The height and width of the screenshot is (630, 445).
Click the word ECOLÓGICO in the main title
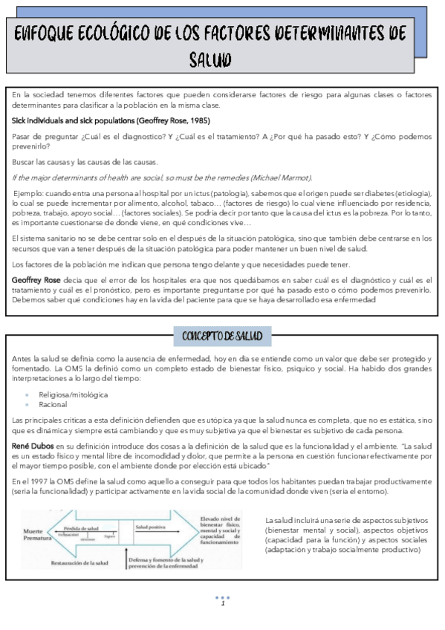tap(101, 35)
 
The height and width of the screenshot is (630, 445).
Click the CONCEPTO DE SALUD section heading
tap(222, 336)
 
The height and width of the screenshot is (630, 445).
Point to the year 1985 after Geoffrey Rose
tap(198, 120)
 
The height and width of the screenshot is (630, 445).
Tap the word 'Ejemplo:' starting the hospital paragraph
tap(29, 193)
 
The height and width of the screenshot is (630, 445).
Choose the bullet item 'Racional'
tap(54, 405)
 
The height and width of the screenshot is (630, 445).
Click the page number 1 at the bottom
tap(221, 603)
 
